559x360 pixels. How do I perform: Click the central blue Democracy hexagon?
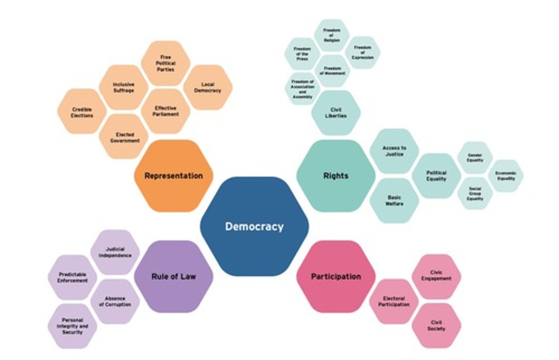(254, 226)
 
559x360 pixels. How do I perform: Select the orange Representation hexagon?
(174, 176)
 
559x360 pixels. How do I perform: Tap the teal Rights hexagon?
(336, 176)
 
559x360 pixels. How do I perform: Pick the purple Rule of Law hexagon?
(174, 277)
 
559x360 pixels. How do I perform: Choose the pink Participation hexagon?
(336, 277)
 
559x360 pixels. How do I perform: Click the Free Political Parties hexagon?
(165, 63)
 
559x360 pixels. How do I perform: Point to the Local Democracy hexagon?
(208, 87)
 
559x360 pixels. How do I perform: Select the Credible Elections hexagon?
(82, 112)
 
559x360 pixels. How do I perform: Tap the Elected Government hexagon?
(125, 137)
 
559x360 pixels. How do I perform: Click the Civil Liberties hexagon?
(336, 113)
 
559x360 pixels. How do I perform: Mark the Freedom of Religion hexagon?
(332, 35)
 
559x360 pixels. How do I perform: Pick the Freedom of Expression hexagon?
(363, 52)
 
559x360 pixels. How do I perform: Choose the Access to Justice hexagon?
(394, 151)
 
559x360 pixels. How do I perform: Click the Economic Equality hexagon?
(506, 176)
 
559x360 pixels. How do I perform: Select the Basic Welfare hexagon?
(394, 200)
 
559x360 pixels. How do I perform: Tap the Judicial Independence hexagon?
(115, 252)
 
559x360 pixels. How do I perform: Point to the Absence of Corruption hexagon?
(115, 301)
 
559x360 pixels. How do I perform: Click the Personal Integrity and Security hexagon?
(72, 326)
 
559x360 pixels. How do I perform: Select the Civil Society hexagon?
(436, 325)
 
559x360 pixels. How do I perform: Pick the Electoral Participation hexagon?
(394, 301)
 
